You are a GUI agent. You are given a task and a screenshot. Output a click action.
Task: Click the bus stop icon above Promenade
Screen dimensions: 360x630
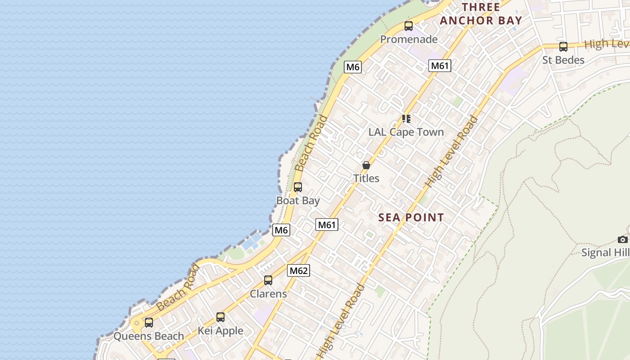[x=408, y=26]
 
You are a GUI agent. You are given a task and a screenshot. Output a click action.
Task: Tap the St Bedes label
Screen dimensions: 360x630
[x=563, y=60]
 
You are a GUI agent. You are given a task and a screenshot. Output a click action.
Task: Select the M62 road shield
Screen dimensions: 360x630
[x=298, y=270]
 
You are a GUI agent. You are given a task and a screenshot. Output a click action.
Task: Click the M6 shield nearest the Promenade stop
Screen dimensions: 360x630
[x=353, y=67]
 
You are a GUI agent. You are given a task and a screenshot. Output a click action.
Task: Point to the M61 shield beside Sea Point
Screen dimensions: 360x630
[x=327, y=225]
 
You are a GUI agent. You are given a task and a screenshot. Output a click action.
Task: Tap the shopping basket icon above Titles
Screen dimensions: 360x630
[x=366, y=165]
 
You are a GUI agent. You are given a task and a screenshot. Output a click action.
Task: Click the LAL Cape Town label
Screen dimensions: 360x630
[x=406, y=132]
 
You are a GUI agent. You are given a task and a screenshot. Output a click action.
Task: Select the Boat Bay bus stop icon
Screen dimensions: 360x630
[x=297, y=187]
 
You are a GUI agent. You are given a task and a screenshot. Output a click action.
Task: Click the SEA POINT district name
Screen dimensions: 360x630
[x=411, y=217]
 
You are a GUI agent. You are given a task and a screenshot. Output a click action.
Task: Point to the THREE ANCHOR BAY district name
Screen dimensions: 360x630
[x=481, y=14]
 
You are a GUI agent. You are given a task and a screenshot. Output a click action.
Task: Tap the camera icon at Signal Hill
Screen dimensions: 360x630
[x=622, y=239]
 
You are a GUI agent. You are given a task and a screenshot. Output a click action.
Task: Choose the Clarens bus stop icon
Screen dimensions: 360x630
[x=268, y=280]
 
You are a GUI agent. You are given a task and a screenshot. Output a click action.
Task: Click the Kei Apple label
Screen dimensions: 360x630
[x=220, y=331]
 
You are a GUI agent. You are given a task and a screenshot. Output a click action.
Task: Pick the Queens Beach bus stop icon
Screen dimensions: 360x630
[x=148, y=323]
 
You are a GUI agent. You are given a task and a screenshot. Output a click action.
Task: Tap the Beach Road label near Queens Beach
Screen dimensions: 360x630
[x=178, y=288]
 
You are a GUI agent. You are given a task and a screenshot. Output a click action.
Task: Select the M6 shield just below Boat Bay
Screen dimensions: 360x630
[x=281, y=230]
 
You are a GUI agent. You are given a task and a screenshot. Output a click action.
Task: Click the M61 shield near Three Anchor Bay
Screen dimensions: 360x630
[x=439, y=66]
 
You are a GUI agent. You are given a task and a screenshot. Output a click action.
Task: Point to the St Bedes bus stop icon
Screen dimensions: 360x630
[x=563, y=47]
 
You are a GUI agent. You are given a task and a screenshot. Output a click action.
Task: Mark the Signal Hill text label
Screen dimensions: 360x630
[x=605, y=252]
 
